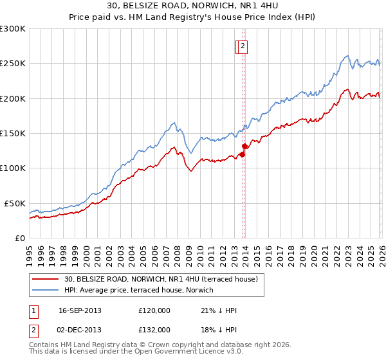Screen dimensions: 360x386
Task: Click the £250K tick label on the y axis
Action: (x=13, y=64)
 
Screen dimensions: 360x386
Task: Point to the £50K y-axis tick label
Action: (x=15, y=203)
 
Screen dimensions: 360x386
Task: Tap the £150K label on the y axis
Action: (x=13, y=133)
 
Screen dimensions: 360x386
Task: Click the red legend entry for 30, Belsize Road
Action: (x=161, y=279)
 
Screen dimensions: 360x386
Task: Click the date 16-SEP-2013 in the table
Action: (x=80, y=310)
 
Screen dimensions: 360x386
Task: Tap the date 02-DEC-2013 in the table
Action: (x=80, y=329)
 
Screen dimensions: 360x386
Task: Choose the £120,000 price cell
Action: (x=154, y=310)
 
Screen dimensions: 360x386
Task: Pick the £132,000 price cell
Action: (x=154, y=329)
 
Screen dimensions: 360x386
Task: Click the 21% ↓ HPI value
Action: (x=219, y=310)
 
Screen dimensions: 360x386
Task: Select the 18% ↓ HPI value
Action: (x=219, y=329)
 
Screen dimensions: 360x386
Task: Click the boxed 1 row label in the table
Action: (x=33, y=310)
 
